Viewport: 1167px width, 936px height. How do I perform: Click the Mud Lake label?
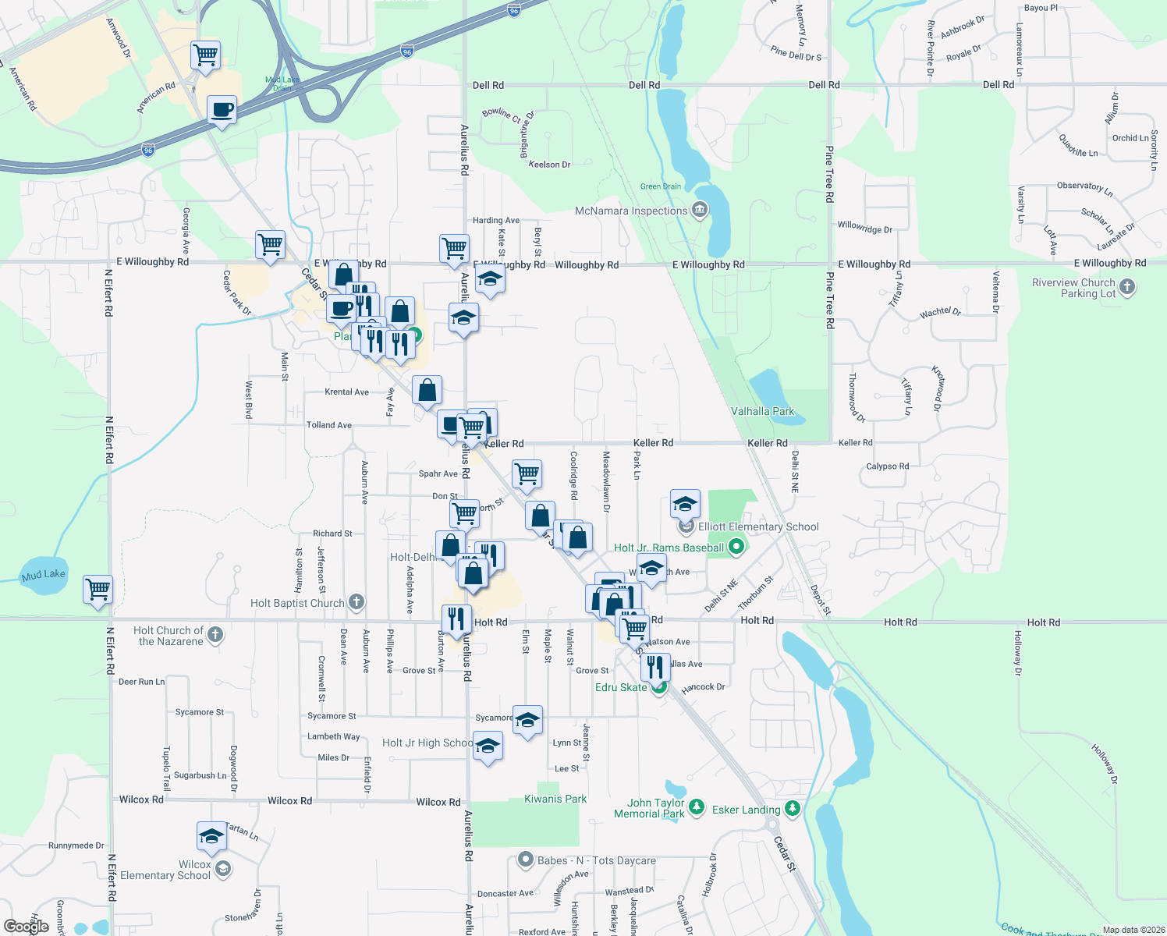point(44,575)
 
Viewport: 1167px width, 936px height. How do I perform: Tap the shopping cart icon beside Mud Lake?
point(98,589)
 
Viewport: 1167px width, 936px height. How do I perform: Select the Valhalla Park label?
point(762,411)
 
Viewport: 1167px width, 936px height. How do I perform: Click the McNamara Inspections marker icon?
point(700,210)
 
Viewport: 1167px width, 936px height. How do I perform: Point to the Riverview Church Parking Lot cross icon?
point(1127,288)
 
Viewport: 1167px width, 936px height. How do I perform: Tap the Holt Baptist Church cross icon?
point(356,602)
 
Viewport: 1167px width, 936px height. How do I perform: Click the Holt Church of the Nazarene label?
point(169,636)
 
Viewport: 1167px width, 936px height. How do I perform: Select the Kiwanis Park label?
point(555,799)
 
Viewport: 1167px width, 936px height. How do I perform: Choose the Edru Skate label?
point(621,687)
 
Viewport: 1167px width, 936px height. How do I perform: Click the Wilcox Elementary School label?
point(165,870)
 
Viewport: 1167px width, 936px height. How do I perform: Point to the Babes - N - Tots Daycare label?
point(596,860)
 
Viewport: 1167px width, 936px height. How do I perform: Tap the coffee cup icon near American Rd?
point(222,109)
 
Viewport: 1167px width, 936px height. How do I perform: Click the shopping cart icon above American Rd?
point(205,55)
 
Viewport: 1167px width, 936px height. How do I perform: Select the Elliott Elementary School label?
point(758,526)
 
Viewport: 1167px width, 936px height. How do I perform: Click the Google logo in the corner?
point(26,927)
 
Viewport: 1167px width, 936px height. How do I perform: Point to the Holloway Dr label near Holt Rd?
point(1018,653)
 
